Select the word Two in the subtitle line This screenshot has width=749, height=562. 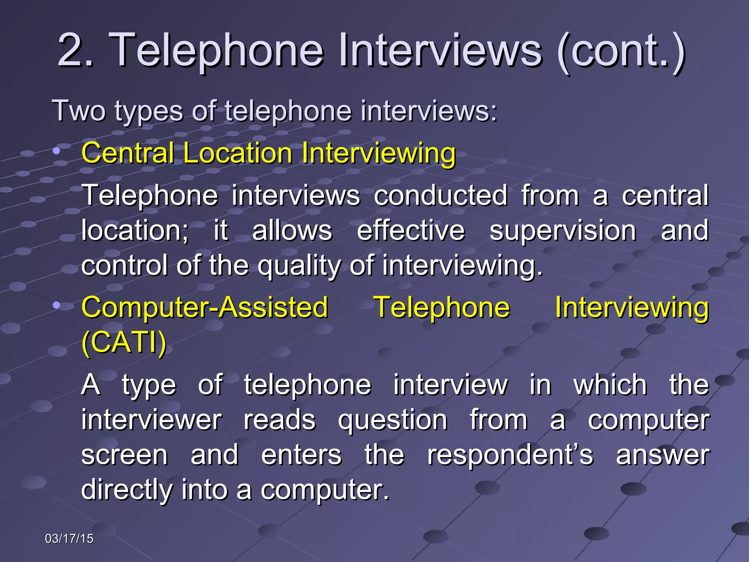click(x=79, y=110)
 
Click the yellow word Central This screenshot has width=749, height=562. click(x=128, y=153)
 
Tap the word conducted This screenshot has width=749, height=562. click(x=440, y=195)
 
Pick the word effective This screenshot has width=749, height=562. click(x=410, y=231)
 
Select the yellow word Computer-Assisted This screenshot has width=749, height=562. click(x=205, y=307)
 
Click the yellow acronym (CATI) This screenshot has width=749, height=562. click(x=124, y=342)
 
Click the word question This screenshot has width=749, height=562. click(x=392, y=420)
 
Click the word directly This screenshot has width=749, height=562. click(x=127, y=490)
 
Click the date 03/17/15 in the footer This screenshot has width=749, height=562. click(x=69, y=539)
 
